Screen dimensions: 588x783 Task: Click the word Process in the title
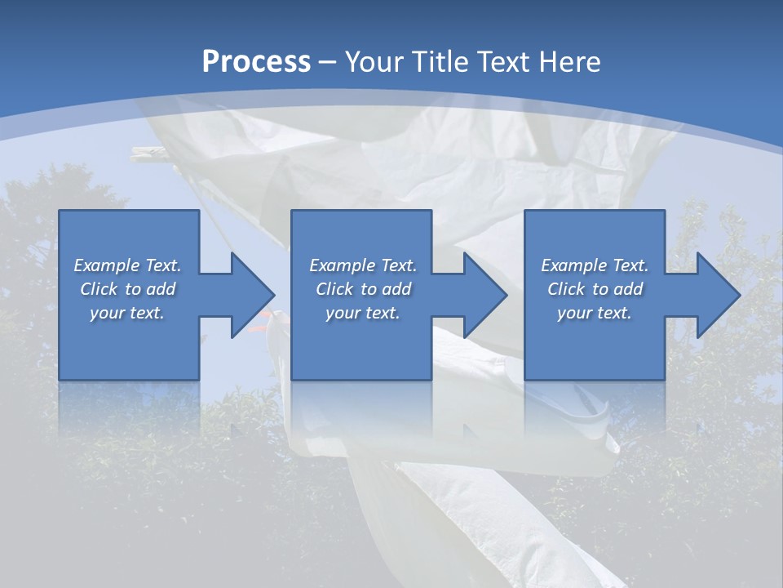(256, 62)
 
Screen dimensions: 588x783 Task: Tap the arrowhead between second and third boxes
(484, 295)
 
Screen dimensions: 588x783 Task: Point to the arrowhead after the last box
(717, 295)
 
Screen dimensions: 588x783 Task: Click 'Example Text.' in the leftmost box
(127, 265)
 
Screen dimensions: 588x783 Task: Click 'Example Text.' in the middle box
(363, 265)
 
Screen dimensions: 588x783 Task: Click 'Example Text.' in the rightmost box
(595, 265)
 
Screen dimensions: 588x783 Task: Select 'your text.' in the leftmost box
(127, 313)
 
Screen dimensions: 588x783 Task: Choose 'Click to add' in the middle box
(363, 289)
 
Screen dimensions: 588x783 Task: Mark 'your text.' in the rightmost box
(595, 313)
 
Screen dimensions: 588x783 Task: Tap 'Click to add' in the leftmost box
(127, 289)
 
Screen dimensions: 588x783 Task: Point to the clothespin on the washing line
(154, 155)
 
